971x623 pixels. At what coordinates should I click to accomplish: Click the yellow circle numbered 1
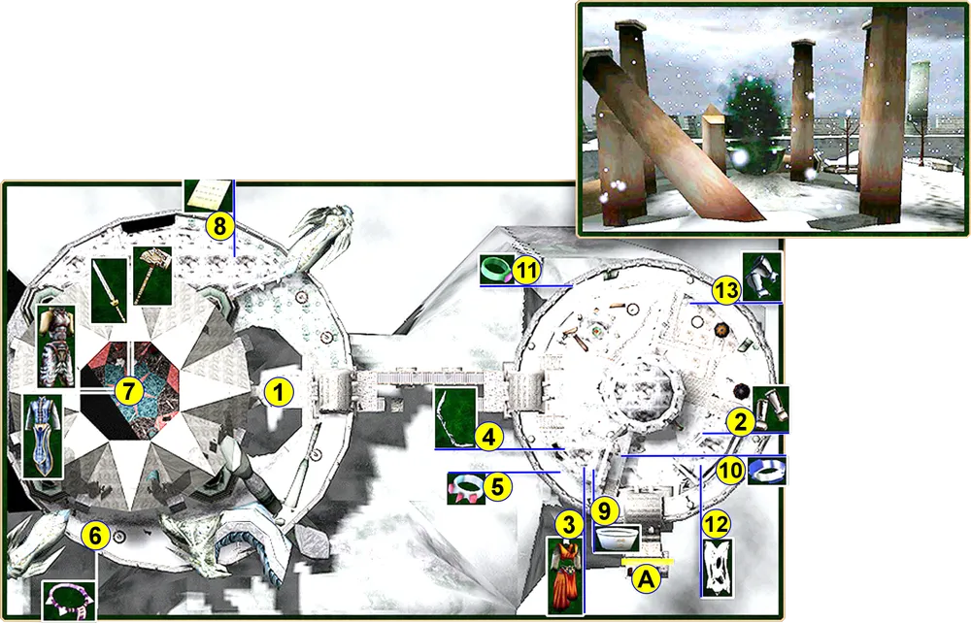tap(279, 393)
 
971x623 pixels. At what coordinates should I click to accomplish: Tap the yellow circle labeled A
tap(646, 579)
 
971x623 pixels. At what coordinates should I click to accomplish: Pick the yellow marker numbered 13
tap(726, 289)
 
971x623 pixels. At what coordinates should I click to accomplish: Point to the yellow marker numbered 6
tap(95, 535)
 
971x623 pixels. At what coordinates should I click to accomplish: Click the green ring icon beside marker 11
tap(496, 270)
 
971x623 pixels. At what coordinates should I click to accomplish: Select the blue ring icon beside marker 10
tap(767, 471)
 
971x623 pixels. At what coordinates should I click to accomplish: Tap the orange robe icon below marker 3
tap(565, 576)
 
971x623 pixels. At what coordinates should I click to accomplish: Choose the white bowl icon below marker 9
tap(617, 539)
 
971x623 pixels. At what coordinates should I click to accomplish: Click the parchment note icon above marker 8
tap(208, 195)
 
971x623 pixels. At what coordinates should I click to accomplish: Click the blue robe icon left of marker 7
tap(43, 436)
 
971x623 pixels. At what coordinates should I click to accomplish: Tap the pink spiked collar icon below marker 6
tap(69, 601)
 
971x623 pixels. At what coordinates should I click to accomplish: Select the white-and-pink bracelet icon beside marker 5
tap(467, 488)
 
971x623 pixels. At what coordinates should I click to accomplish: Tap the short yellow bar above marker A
tap(648, 562)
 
